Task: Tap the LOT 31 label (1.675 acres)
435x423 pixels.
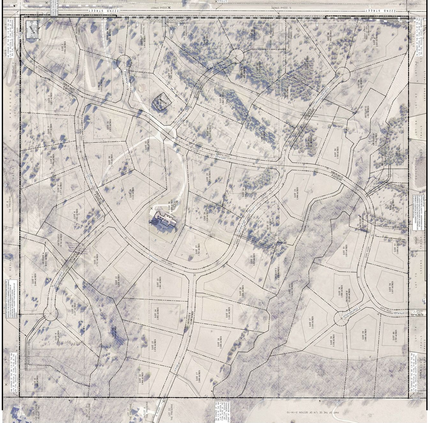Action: (109, 126)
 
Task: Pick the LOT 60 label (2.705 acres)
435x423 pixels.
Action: (395, 336)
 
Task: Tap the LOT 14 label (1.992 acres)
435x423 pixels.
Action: (157, 313)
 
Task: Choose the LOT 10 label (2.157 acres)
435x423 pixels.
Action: (73, 309)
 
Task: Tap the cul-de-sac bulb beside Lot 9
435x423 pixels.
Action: (50, 314)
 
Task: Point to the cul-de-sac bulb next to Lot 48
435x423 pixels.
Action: (343, 74)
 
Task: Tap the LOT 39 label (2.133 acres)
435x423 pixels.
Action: (209, 132)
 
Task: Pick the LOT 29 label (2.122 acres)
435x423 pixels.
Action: (132, 193)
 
